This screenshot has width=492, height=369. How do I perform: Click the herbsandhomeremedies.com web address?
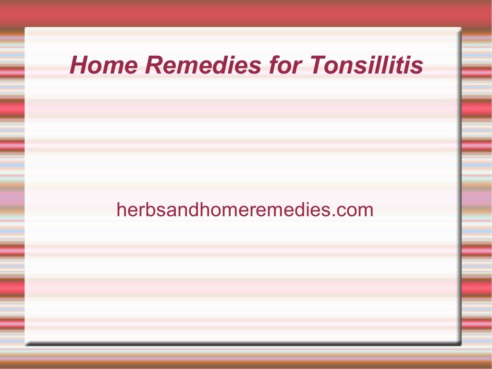coord(245,210)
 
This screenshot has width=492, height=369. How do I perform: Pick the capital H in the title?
coord(78,65)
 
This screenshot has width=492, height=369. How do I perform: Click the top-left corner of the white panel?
coord(25,28)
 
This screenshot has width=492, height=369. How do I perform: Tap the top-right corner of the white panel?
coord(460,28)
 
